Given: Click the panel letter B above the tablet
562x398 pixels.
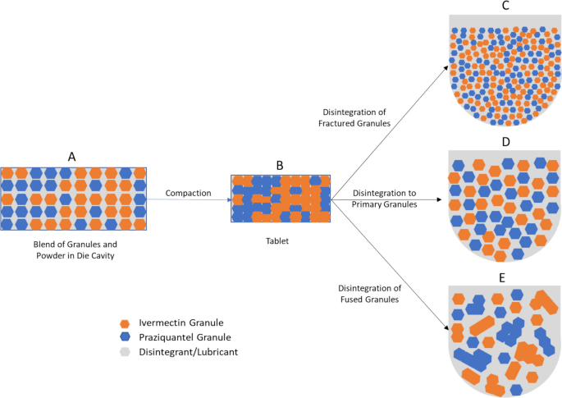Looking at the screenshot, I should pos(280,165).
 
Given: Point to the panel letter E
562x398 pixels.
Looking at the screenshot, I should pos(501,277).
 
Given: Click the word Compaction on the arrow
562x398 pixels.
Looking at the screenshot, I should pos(188,193).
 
